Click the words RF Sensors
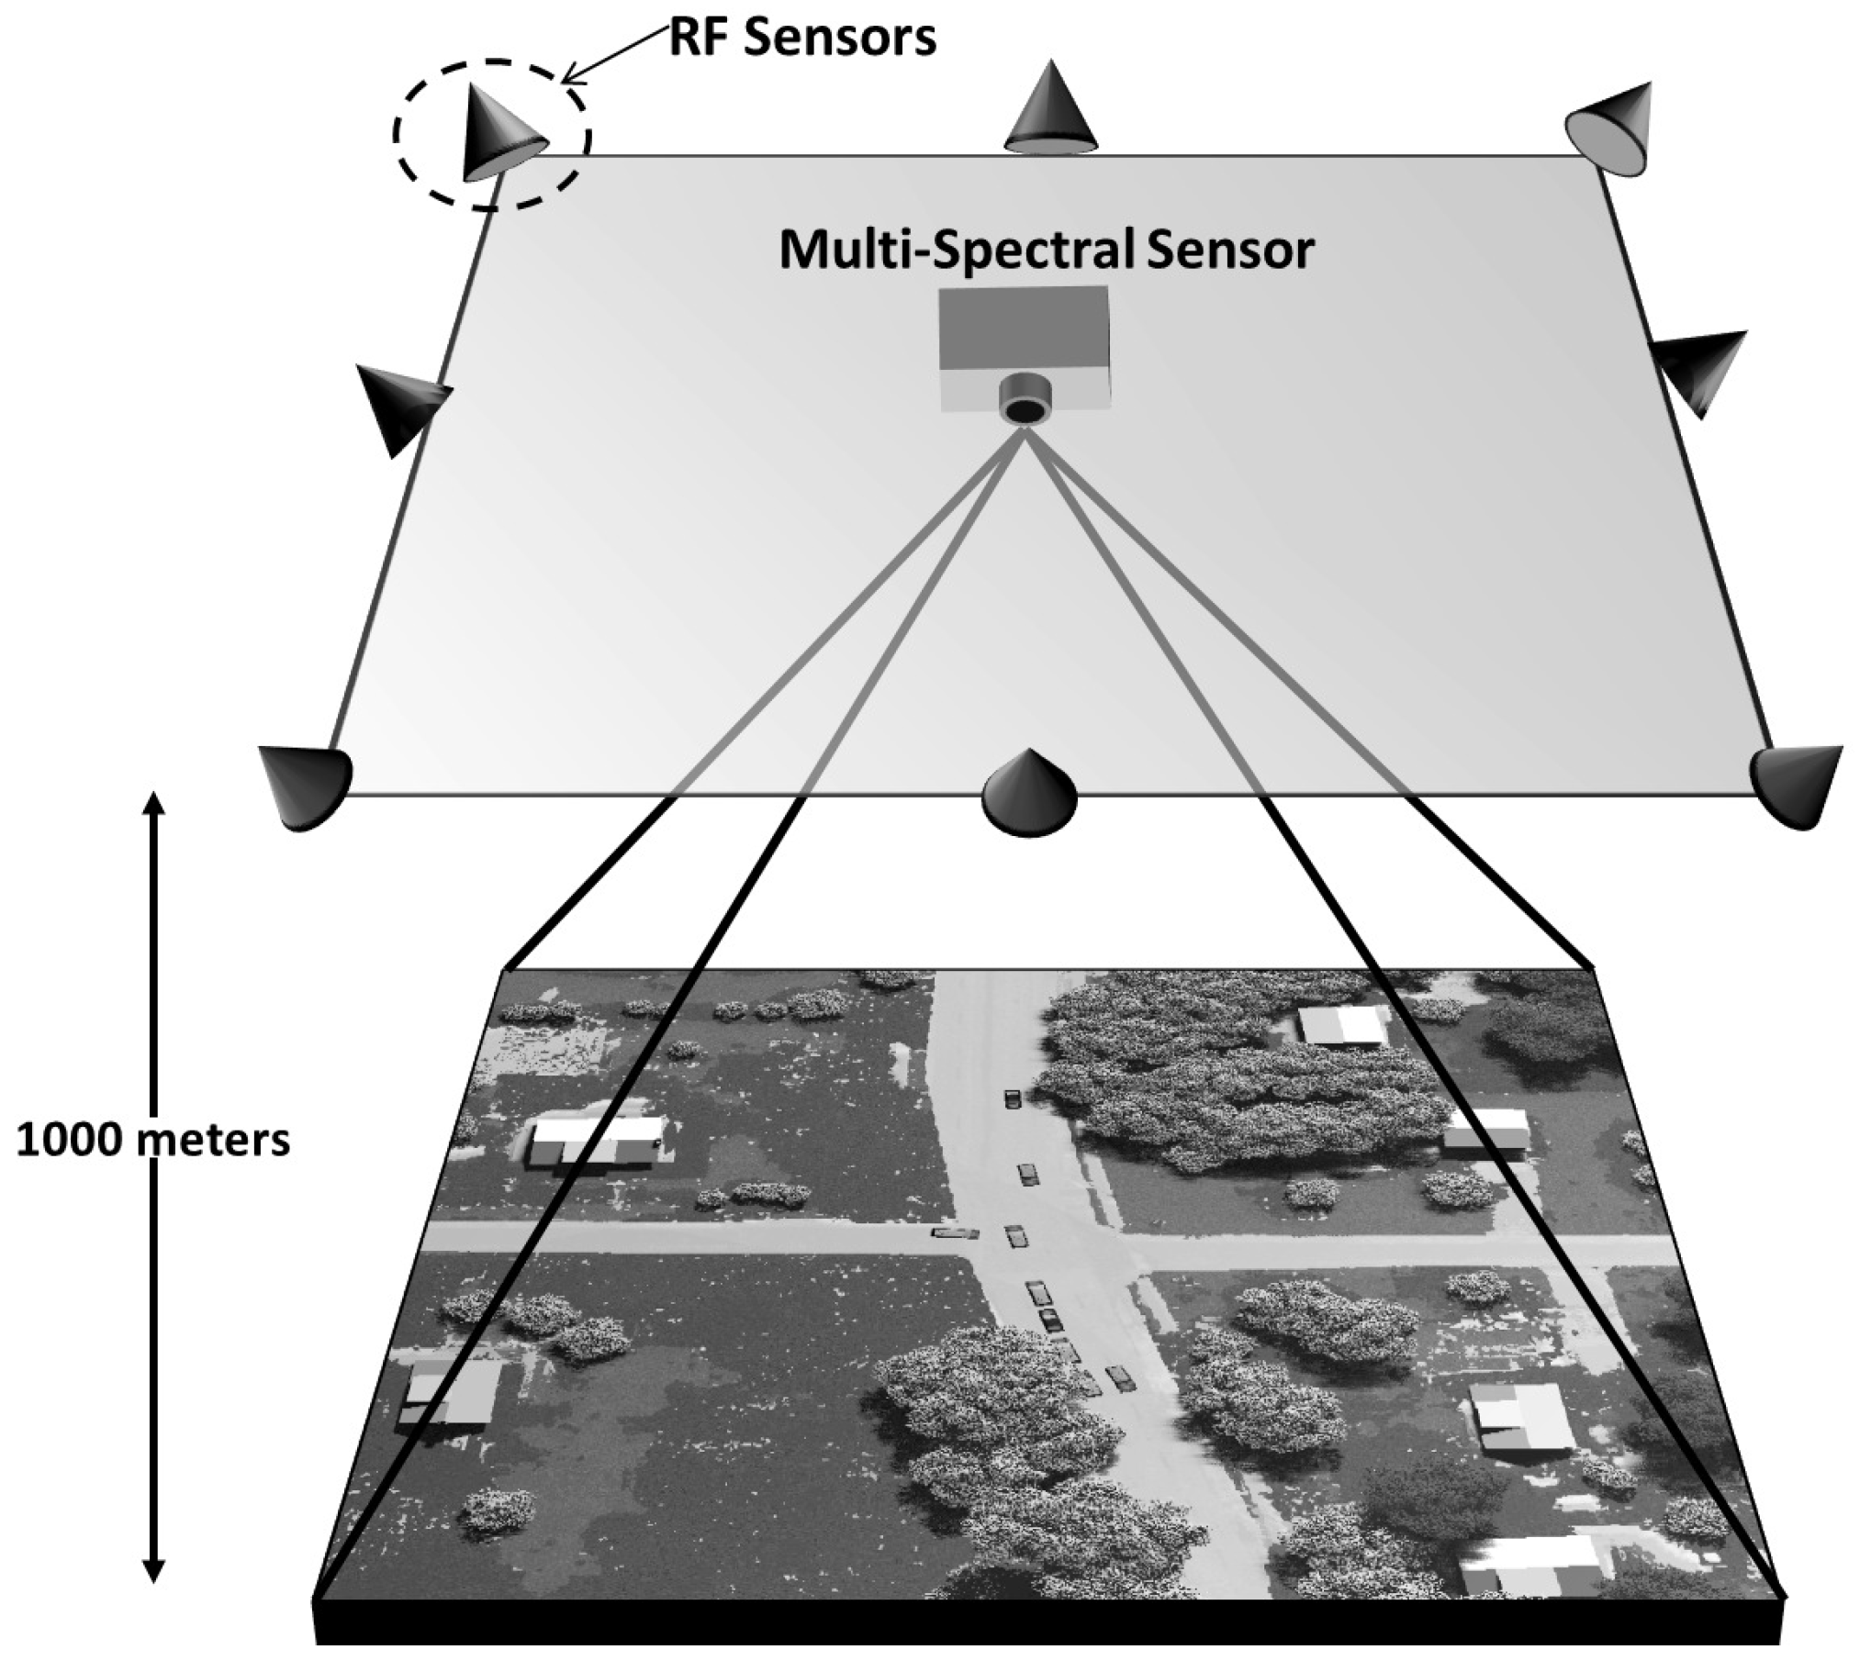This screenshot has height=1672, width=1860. (x=802, y=39)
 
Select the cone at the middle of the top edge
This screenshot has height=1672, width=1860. (x=1050, y=111)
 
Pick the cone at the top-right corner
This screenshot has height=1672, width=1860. (x=1614, y=128)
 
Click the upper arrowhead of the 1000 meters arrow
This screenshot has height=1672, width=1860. (x=154, y=805)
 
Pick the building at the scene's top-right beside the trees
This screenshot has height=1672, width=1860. (x=1341, y=1023)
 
